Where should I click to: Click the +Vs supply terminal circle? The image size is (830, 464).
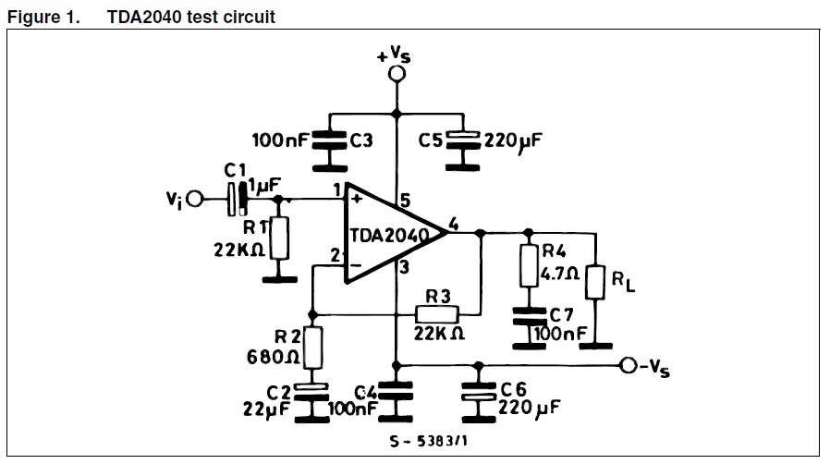(x=397, y=74)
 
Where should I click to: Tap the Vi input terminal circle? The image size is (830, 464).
(x=195, y=200)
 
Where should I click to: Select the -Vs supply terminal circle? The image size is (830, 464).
(x=629, y=365)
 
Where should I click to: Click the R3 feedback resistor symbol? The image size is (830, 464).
(x=436, y=315)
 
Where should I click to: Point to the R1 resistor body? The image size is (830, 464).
(x=279, y=238)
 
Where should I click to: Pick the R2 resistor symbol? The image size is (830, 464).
(x=312, y=347)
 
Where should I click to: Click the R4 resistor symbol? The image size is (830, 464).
(x=529, y=265)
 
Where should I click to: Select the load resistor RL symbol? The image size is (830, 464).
(x=595, y=283)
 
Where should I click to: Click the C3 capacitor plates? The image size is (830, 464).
(x=329, y=140)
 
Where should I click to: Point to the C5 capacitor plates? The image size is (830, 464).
(x=463, y=140)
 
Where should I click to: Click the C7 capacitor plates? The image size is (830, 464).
(x=530, y=316)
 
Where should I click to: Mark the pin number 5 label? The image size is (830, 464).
(x=405, y=201)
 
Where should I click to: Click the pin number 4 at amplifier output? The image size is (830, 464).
(x=454, y=225)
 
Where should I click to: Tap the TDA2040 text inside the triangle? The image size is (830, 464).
(x=389, y=236)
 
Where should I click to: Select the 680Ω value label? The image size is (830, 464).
(x=274, y=357)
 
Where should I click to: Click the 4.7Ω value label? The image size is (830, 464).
(x=559, y=275)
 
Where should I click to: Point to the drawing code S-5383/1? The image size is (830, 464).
(x=429, y=441)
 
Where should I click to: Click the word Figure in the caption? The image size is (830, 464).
(x=33, y=18)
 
